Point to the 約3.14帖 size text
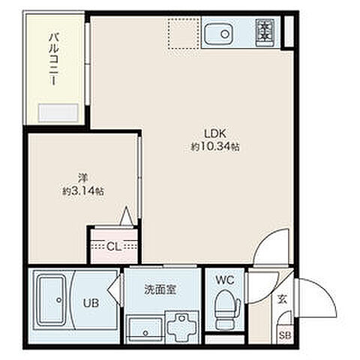(82, 190)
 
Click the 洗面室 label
(160, 289)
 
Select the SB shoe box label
(285, 335)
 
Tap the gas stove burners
(265, 31)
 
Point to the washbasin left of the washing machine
(142, 328)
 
